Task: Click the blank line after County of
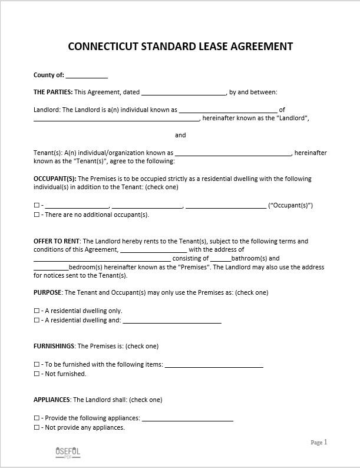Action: click(87, 75)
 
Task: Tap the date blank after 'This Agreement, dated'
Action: click(184, 92)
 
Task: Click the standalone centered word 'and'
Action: click(180, 135)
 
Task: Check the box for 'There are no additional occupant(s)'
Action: click(37, 215)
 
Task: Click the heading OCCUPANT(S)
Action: click(55, 179)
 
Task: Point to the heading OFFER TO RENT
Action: click(57, 241)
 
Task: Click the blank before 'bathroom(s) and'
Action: click(220, 258)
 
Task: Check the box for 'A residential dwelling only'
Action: click(37, 311)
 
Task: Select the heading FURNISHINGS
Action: click(54, 346)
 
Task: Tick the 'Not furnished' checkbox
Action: click(37, 374)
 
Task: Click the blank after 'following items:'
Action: click(214, 365)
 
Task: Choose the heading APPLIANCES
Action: click(52, 400)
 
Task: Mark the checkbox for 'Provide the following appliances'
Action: click(37, 418)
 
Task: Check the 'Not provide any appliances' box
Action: click(37, 427)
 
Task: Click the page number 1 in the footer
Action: click(325, 442)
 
